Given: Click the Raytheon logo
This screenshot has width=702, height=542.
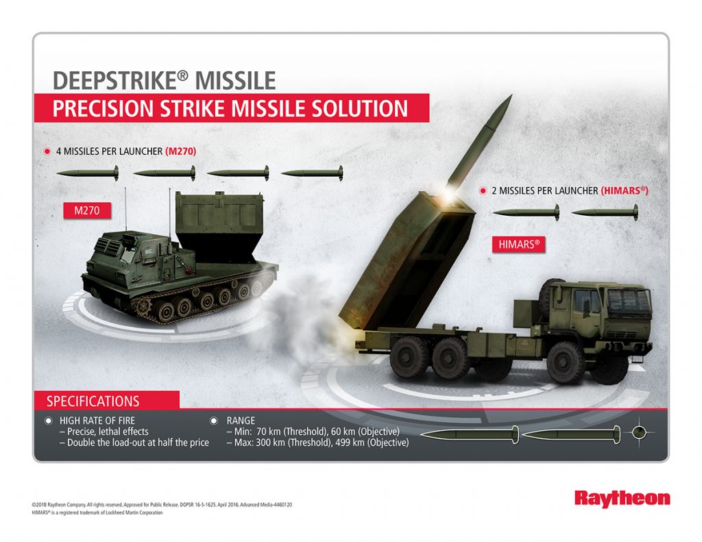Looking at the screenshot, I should tap(622, 498).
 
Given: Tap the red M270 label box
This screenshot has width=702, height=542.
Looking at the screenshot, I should tap(87, 210).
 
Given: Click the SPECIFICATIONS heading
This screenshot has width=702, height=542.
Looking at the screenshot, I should tap(93, 402).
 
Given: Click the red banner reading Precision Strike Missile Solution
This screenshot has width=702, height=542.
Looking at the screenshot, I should tap(231, 108).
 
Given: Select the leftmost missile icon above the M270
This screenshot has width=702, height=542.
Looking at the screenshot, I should tap(88, 173).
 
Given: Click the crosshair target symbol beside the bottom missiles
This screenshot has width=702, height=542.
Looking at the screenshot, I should tap(639, 432).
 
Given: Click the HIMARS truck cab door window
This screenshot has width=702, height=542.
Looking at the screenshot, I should tap(584, 301).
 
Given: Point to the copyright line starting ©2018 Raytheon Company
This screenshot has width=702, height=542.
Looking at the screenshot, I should tap(162, 504).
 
